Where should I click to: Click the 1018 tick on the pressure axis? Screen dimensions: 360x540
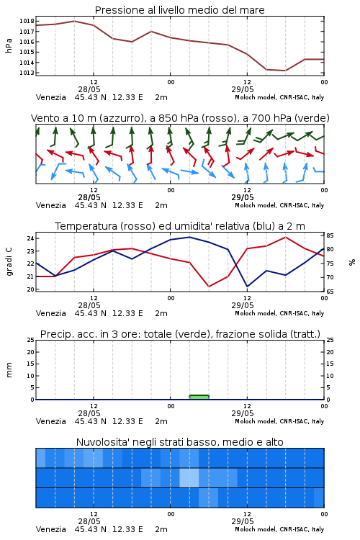tap(27, 21)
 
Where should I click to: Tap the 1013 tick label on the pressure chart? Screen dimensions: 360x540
tap(27, 73)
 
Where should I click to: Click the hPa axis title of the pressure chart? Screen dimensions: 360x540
tap(9, 45)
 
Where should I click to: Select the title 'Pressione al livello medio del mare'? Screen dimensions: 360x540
tap(180, 10)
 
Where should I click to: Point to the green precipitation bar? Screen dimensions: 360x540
tap(199, 397)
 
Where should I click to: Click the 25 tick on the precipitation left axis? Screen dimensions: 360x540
tap(31, 340)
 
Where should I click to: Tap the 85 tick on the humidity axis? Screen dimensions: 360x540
tap(330, 235)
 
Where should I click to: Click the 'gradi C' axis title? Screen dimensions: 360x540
tap(9, 261)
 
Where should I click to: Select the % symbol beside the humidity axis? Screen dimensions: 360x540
tap(352, 262)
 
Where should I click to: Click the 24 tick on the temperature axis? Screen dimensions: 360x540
tap(31, 238)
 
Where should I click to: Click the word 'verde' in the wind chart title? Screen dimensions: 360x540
tap(312, 118)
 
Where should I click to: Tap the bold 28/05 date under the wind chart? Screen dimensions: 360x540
tap(89, 197)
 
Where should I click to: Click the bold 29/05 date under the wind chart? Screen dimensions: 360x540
tap(243, 197)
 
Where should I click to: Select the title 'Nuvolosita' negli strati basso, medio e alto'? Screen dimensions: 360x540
tap(180, 442)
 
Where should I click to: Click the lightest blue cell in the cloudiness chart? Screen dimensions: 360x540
tap(189, 477)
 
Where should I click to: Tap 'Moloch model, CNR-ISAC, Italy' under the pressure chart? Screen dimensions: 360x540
tap(279, 97)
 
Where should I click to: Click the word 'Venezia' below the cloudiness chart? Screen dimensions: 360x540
tap(50, 529)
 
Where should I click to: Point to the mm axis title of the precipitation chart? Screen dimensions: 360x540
tap(9, 370)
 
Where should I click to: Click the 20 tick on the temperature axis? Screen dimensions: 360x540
tap(31, 289)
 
